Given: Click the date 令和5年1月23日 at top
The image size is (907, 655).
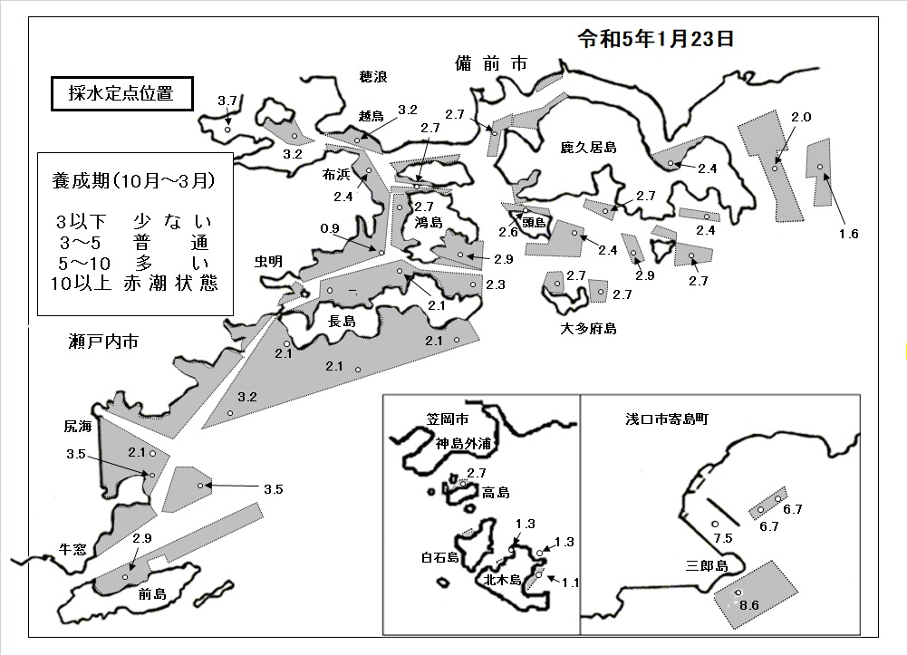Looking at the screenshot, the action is click(656, 39).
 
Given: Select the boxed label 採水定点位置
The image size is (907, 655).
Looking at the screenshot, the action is click(121, 93).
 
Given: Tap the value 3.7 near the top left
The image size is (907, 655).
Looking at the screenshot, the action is click(227, 101).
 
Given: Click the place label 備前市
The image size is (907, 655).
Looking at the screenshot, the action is click(491, 63).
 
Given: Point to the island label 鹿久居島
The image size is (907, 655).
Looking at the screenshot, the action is click(588, 148).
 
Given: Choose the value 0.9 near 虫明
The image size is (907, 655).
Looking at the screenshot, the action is click(330, 228).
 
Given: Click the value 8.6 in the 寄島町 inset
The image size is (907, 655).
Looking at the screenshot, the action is click(748, 605).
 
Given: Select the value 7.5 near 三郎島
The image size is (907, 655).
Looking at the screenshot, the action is click(723, 538).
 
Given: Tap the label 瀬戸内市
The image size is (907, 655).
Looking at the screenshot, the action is click(103, 342).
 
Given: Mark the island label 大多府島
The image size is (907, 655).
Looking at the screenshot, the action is click(588, 328).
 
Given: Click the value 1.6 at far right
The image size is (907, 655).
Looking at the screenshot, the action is click(849, 234).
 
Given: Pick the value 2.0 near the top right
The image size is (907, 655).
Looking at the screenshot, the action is click(801, 117).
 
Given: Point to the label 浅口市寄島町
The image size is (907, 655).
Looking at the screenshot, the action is click(667, 419).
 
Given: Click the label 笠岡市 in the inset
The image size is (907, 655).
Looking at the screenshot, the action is click(448, 419).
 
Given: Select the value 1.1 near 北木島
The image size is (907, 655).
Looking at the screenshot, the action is click(570, 583).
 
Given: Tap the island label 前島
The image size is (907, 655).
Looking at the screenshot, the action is click(153, 593).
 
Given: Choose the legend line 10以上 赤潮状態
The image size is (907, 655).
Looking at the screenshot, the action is click(134, 284).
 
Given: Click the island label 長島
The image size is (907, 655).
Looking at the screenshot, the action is click(343, 321).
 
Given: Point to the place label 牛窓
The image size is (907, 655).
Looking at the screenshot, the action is click(72, 549).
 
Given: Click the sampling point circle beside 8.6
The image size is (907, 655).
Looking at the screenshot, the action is click(738, 592).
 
